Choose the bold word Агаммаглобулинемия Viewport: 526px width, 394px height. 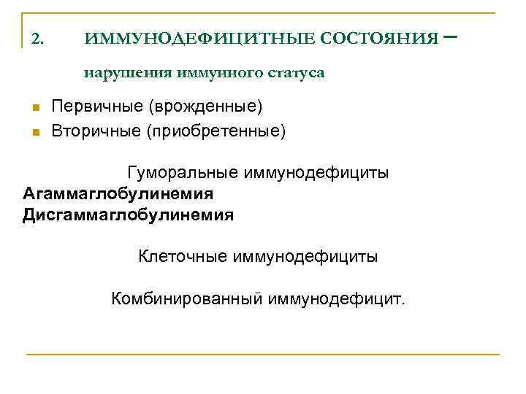click(x=118, y=194)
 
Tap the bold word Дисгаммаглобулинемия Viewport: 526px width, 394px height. click(x=128, y=215)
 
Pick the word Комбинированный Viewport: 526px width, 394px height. click(x=186, y=298)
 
